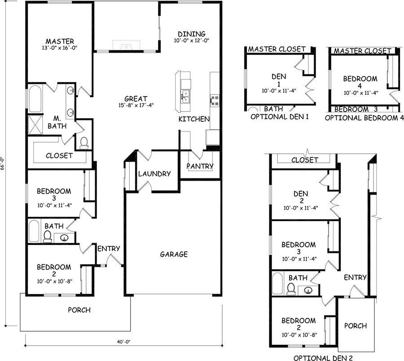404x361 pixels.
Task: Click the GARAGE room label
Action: tap(174, 254)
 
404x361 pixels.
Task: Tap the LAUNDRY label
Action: tap(154, 174)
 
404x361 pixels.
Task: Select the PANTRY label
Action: tap(200, 166)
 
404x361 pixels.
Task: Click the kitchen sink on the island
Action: tap(185, 96)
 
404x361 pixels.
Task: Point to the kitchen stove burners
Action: tap(215, 100)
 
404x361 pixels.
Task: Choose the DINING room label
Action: tap(191, 34)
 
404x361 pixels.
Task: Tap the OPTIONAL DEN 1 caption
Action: tap(279, 117)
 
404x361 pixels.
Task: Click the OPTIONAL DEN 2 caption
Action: tap(323, 358)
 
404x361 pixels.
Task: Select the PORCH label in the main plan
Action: tap(79, 310)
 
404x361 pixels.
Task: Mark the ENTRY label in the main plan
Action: tap(108, 248)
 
